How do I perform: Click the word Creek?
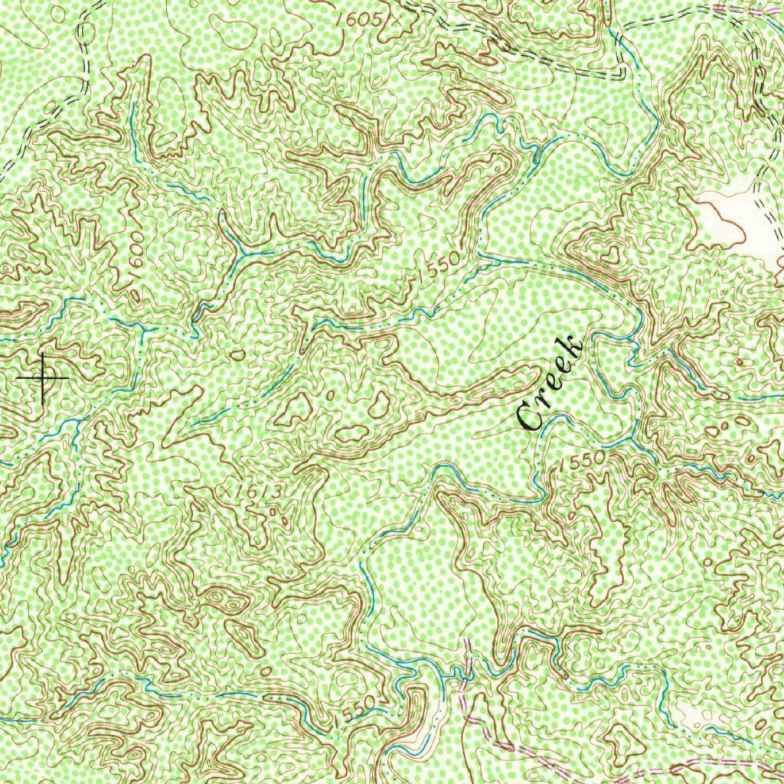click(550, 383)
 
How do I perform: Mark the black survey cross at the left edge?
click(43, 377)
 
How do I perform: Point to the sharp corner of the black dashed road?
click(622, 76)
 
